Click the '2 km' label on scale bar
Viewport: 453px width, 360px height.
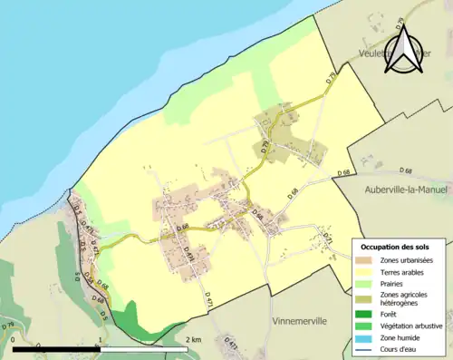pos(191,339)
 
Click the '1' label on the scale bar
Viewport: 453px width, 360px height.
pos(99,339)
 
